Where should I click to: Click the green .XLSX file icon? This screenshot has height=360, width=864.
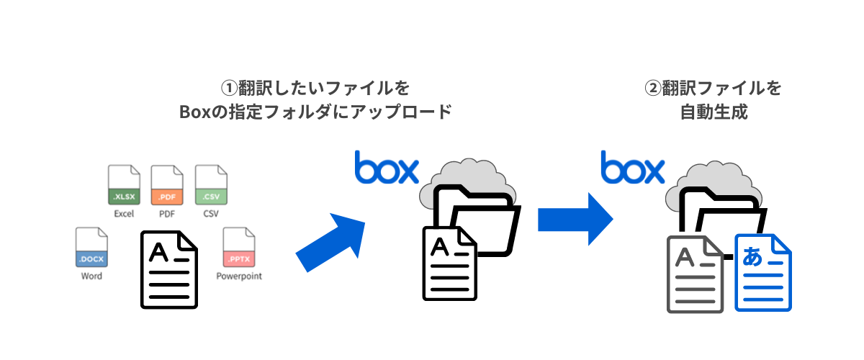123,186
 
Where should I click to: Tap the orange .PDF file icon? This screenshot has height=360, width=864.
167,186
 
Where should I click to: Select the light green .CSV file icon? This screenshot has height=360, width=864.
211,186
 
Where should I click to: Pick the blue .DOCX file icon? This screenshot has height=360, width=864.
91,248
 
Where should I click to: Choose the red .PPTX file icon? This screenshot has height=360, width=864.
238,248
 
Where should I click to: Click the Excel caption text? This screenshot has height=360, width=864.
123,214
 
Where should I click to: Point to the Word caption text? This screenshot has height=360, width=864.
91,276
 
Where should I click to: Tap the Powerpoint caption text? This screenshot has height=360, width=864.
239,276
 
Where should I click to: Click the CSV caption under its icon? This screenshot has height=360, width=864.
211,214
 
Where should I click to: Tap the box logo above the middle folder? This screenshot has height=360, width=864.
387,168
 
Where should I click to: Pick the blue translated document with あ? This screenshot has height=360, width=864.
762,273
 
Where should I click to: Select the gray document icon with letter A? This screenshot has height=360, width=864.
694,274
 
